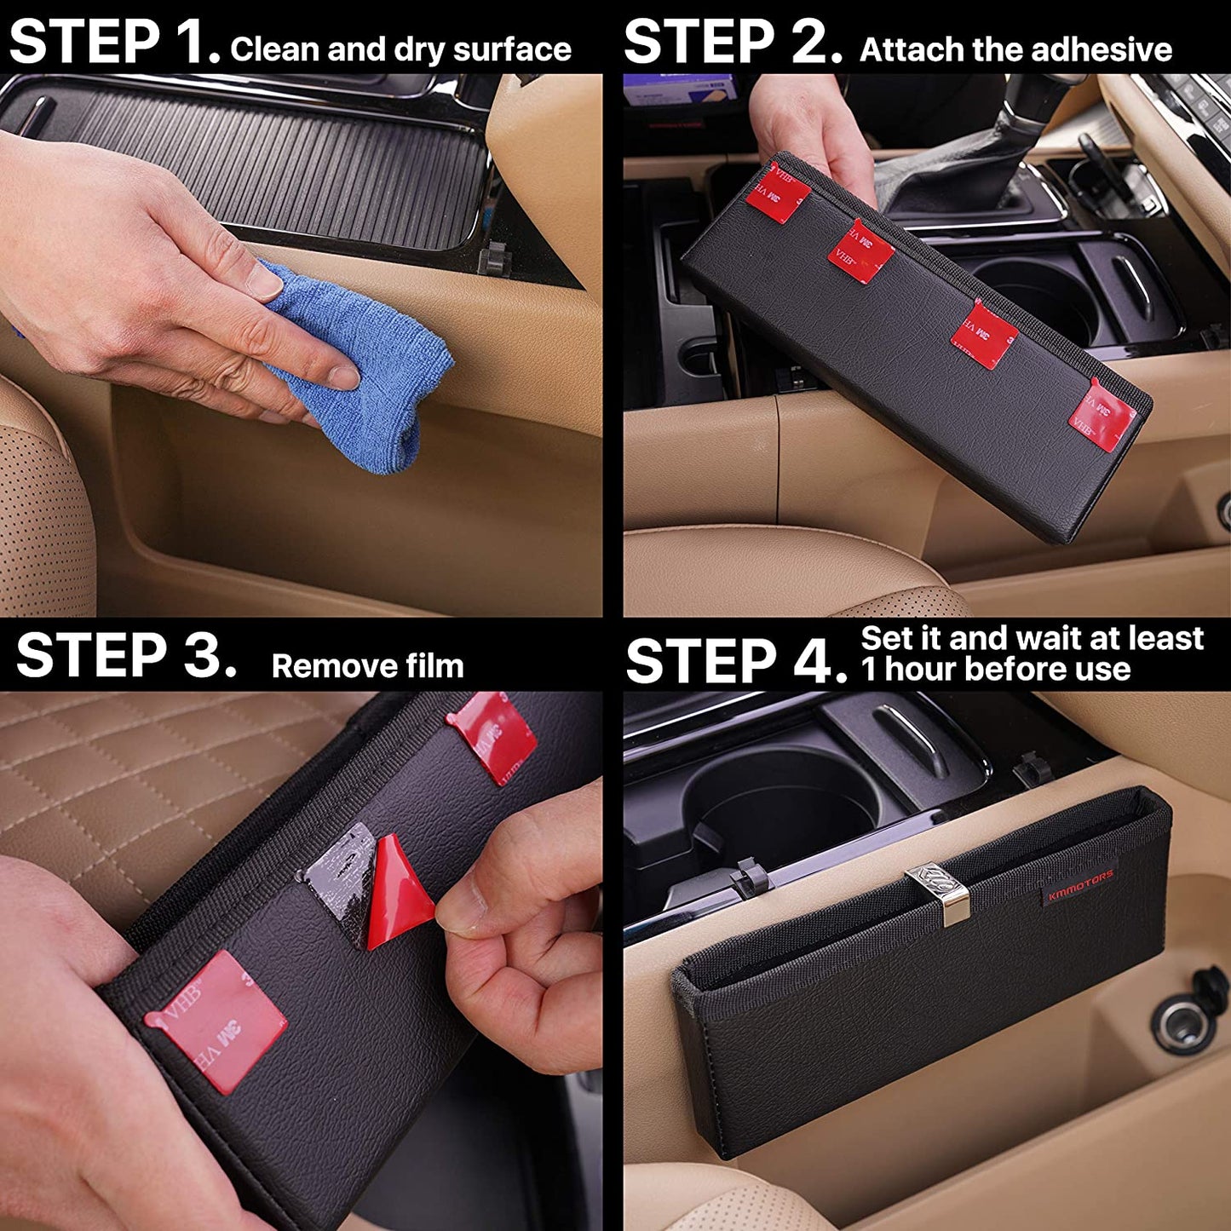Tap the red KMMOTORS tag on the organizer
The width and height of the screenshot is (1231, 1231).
[x=1080, y=884]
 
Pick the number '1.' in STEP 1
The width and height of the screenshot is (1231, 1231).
[x=194, y=42]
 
